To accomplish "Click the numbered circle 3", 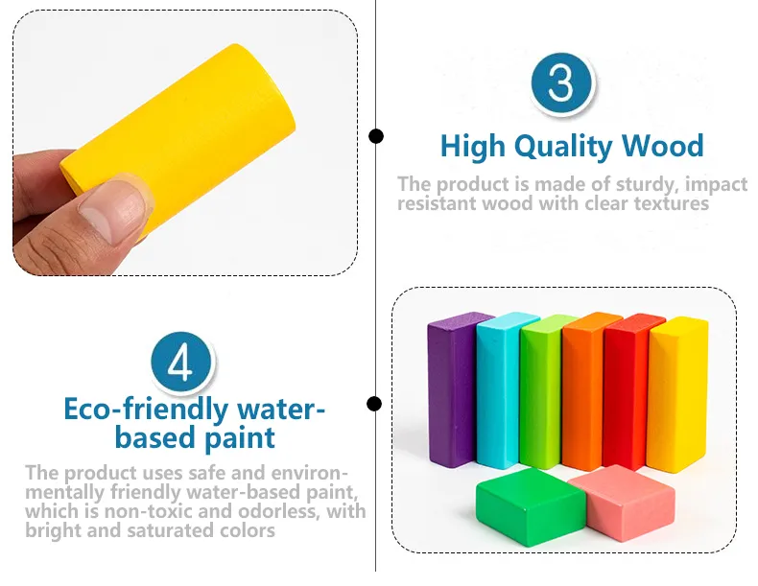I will [x=560, y=84].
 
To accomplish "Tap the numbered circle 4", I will [x=181, y=363].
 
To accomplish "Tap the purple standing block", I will [x=449, y=388].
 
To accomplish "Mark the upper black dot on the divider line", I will [x=376, y=136].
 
